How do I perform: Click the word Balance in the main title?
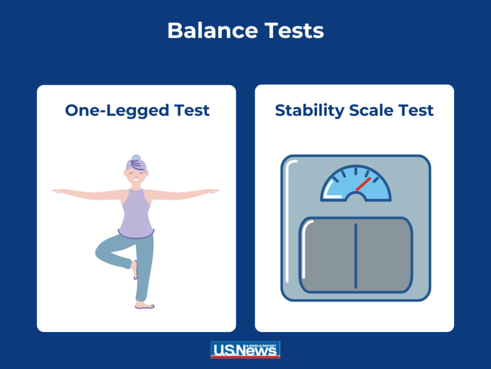(x=205, y=31)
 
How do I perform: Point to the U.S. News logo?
(x=245, y=350)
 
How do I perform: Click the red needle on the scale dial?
(x=363, y=183)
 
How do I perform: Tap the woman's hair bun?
(x=136, y=159)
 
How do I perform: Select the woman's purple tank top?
(x=136, y=213)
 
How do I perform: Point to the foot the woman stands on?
(x=144, y=306)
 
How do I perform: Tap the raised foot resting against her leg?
(x=135, y=269)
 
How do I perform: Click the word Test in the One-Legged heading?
(x=191, y=110)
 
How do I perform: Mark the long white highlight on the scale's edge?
(x=288, y=223)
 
